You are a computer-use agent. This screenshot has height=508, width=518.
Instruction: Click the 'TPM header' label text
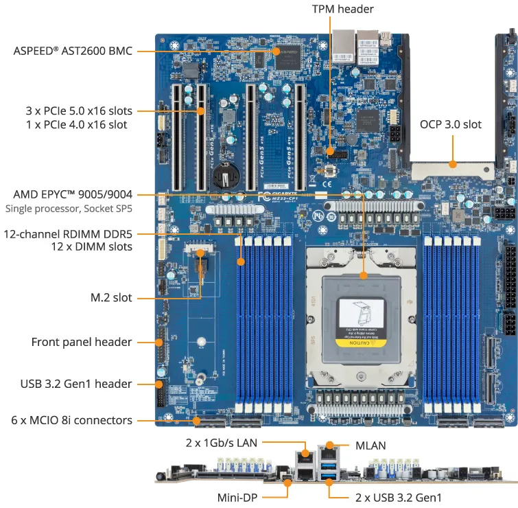pos(343,9)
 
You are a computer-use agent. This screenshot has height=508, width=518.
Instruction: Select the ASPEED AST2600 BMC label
pos(73,51)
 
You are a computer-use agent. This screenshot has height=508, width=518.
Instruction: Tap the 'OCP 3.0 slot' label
pos(450,124)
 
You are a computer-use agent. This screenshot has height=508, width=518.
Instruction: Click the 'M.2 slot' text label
pos(111,297)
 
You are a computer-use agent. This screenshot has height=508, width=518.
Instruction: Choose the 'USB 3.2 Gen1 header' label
pos(76,384)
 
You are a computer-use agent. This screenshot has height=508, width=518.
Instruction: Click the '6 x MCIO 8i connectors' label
pos(71,420)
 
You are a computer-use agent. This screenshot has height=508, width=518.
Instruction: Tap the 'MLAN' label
pos(370,446)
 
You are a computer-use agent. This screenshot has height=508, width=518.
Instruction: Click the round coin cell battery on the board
pos(223,175)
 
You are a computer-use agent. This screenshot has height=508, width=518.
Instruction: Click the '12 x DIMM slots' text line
pos(92,246)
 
